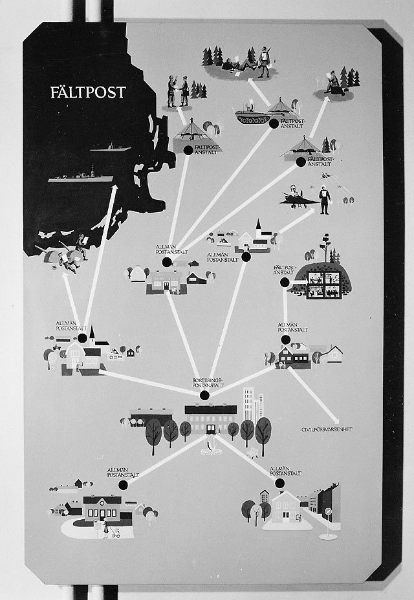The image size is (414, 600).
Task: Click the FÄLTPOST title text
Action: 88,92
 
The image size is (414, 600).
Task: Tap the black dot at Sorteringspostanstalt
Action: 204,395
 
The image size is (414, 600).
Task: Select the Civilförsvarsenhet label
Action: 327,429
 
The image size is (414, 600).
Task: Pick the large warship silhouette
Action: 81,175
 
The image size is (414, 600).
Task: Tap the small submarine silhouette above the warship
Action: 111,148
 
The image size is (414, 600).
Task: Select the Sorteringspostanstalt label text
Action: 208,382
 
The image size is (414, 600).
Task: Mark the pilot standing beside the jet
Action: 324,200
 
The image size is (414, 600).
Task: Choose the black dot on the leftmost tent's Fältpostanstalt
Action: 188,150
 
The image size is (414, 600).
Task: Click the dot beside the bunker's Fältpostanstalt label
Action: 285,282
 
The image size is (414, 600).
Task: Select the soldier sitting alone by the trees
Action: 334,84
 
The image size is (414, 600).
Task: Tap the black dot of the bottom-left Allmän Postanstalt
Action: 123,484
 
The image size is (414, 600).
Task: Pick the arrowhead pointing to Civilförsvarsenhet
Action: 336,420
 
